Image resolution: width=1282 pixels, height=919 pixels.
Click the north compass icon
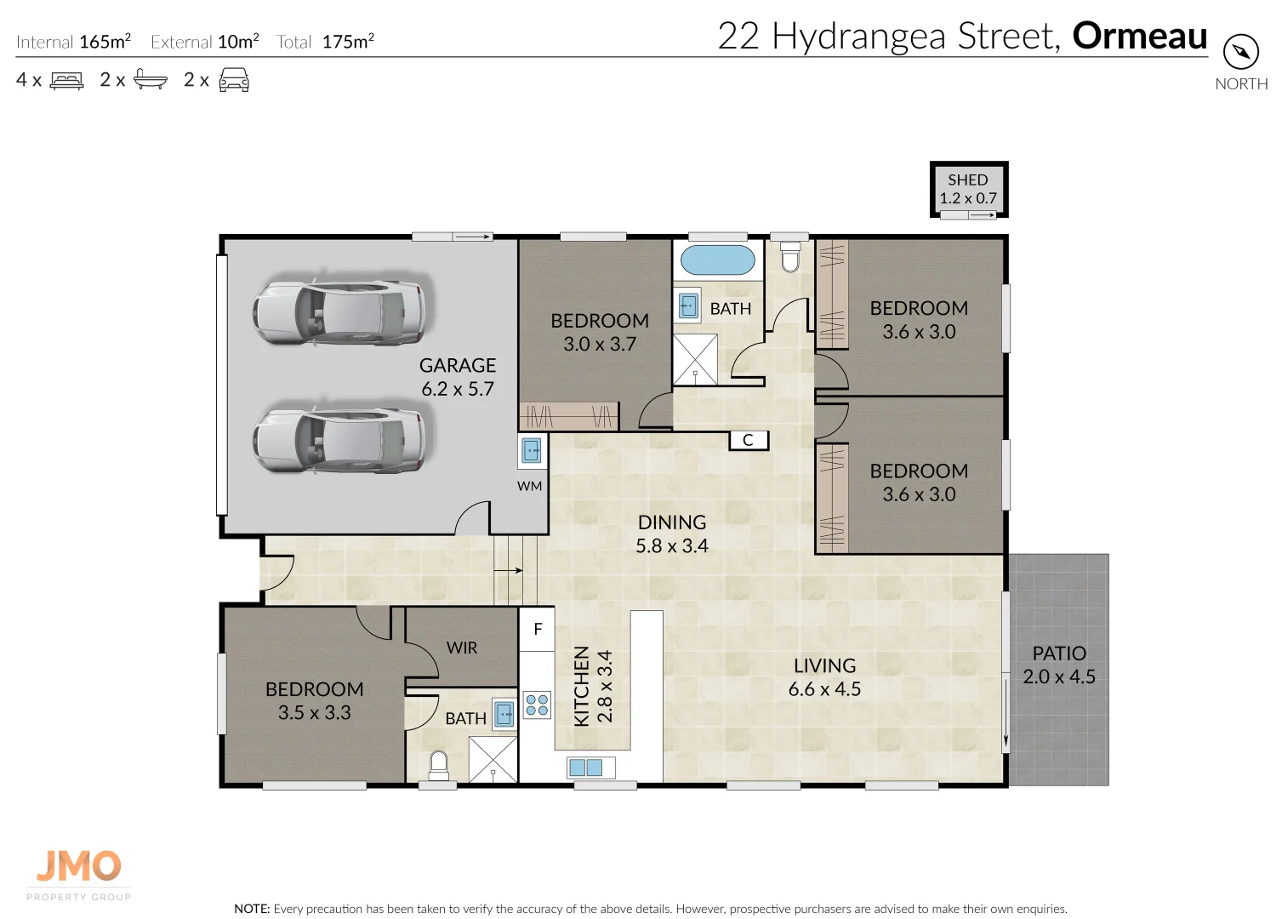point(1240,53)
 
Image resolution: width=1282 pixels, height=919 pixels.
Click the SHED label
point(968,180)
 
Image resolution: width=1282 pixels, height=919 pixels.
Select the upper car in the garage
point(340,311)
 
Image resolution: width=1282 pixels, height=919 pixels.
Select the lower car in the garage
point(340,440)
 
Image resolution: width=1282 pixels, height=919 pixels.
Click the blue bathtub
point(718,260)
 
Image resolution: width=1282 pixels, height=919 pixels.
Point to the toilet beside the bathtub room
point(790,256)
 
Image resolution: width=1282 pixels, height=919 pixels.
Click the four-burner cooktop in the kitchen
point(537,705)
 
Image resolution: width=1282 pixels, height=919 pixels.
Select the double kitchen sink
point(585,768)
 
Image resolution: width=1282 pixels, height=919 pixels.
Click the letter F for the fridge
point(538,630)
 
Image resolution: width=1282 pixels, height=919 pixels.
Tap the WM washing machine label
point(529,486)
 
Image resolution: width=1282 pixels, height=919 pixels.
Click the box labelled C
point(749,440)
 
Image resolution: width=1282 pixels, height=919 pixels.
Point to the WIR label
point(462,648)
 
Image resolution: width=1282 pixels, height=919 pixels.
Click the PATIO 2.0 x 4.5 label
point(1059,665)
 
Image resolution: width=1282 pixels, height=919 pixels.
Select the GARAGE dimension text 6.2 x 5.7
point(458,389)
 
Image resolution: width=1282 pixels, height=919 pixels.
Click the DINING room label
point(672,522)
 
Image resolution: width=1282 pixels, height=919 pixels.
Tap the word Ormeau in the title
point(1139,37)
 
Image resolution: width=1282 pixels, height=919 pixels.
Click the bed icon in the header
point(67,81)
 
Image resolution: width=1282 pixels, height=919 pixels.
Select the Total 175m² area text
point(325,42)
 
